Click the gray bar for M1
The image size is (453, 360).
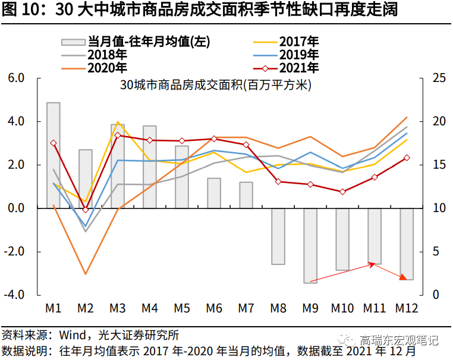click(x=54, y=155)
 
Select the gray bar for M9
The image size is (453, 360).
click(x=310, y=245)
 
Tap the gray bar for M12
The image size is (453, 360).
click(x=407, y=244)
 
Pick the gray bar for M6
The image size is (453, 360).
click(x=214, y=193)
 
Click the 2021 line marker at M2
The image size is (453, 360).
click(x=86, y=210)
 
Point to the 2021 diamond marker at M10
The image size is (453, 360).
click(x=342, y=192)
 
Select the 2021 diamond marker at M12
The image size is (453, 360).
click(x=407, y=157)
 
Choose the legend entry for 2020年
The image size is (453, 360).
click(x=107, y=68)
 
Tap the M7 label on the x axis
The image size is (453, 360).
click(x=246, y=308)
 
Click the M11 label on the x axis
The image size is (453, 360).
click(x=375, y=308)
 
